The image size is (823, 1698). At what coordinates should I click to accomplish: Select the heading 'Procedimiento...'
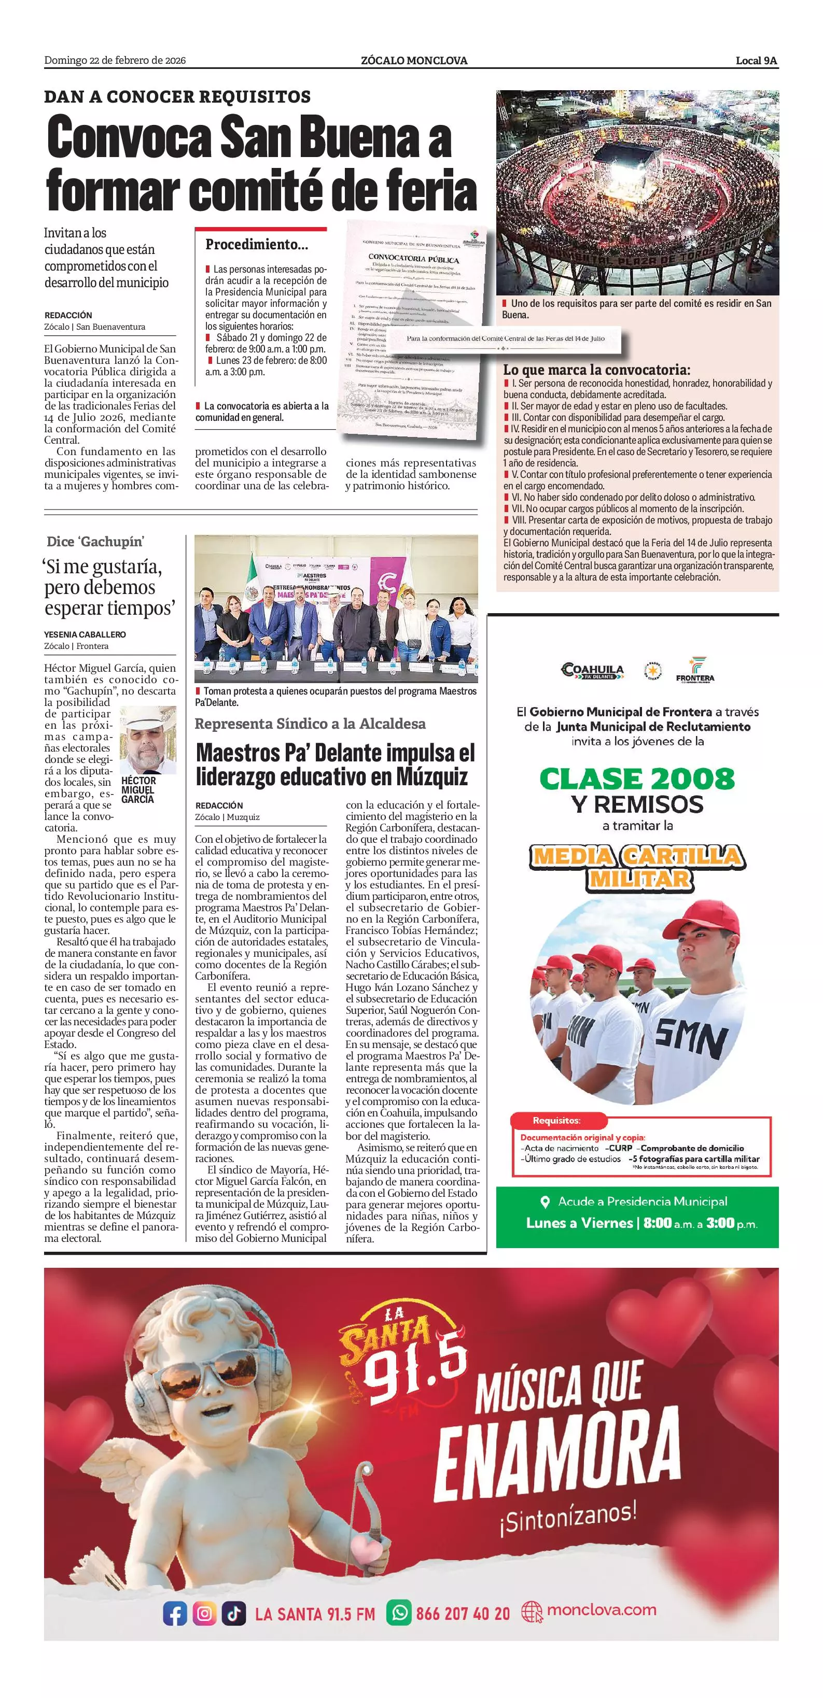[257, 245]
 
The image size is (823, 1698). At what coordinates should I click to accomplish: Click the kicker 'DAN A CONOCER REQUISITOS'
[177, 97]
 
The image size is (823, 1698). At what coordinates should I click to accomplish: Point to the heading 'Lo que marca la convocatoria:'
[596, 370]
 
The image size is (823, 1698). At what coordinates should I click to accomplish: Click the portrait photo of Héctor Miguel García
[148, 740]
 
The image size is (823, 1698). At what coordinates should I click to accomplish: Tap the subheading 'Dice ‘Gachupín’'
[95, 542]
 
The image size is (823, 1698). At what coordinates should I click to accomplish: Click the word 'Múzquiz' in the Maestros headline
[432, 776]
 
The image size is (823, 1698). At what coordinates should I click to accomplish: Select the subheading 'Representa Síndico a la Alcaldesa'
[310, 724]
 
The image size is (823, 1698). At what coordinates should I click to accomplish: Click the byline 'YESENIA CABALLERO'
[85, 634]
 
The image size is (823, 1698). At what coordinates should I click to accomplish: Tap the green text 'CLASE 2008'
[636, 779]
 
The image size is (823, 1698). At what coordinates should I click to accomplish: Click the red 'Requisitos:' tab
[556, 1121]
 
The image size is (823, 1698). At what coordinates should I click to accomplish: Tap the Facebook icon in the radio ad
[175, 1614]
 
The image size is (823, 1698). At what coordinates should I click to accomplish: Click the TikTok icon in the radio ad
[233, 1614]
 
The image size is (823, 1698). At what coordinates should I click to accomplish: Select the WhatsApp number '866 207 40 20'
[462, 1614]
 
